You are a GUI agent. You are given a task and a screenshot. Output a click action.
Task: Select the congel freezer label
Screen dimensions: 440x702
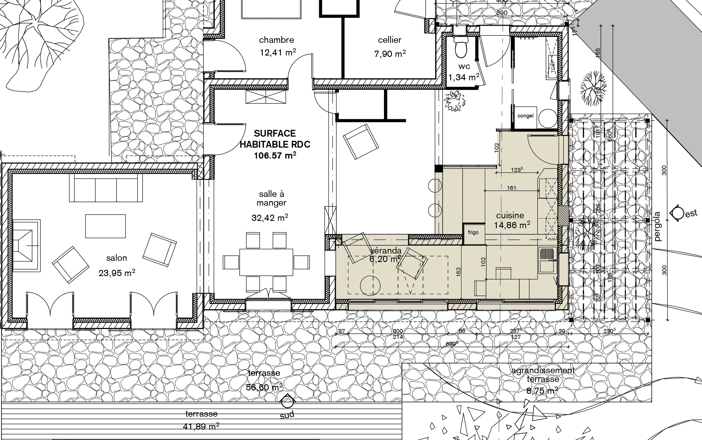tap(525, 116)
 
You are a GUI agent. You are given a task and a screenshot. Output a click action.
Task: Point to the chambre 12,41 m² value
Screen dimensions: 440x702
tap(277, 53)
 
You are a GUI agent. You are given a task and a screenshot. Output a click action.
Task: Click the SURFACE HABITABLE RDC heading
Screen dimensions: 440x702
tap(275, 139)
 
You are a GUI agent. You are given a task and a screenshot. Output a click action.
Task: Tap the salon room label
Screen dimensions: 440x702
tap(116, 258)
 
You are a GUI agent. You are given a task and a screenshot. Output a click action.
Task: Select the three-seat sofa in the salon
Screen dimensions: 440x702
tap(106, 188)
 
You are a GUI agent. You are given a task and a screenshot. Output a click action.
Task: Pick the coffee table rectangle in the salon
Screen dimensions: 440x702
tap(105, 226)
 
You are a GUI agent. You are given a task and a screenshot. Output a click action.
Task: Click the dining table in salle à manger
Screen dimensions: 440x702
tap(266, 262)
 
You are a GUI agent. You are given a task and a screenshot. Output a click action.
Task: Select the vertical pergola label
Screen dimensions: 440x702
tap(657, 227)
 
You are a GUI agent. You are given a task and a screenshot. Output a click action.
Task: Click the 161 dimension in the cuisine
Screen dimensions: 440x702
tap(512, 188)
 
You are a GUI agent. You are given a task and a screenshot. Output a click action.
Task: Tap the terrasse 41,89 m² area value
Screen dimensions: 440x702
tap(201, 426)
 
